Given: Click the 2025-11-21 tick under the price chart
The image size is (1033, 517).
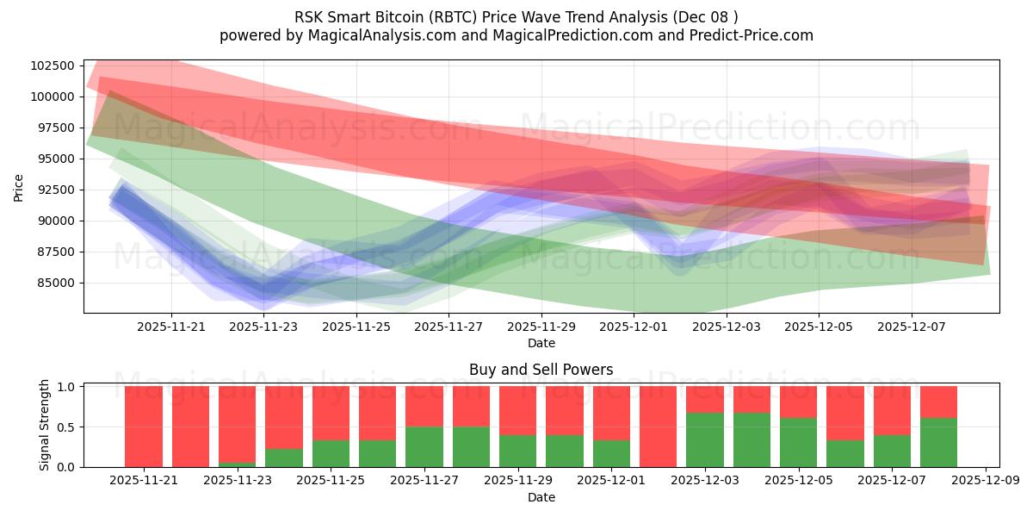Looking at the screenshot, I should pos(171,327).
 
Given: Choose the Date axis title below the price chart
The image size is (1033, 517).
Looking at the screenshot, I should pos(541,343).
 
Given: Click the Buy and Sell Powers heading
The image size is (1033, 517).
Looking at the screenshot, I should pos(541,370).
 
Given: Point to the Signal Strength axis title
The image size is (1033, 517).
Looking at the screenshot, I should pos(44,425).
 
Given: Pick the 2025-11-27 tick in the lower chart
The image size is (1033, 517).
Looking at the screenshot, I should pos(424,481).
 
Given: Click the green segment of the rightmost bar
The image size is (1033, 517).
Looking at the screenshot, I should pos(938,442).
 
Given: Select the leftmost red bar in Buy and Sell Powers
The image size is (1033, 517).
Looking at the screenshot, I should pos(144,427).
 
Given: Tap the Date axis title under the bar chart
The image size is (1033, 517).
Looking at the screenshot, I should pos(541,497).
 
